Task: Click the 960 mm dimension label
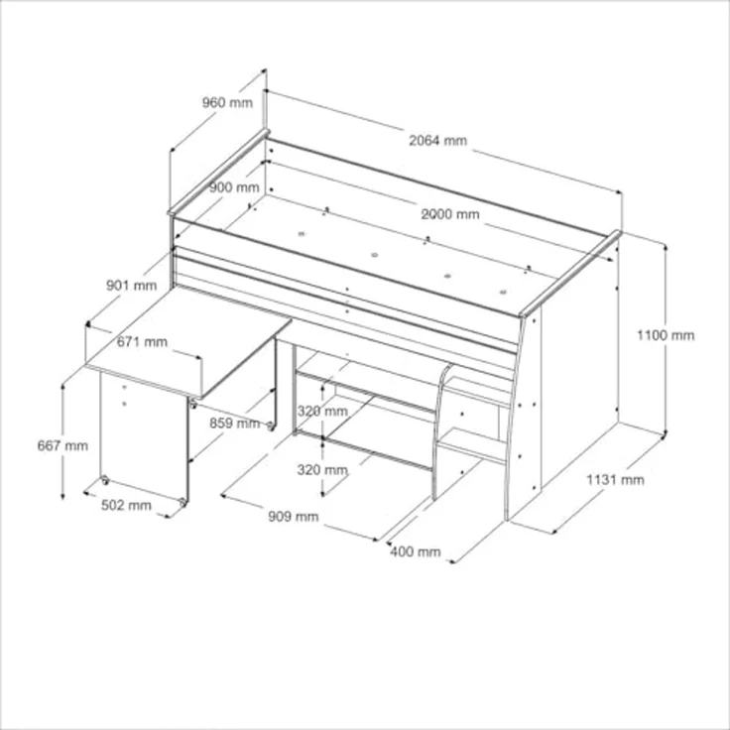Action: tap(227, 102)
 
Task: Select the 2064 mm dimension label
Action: tap(437, 140)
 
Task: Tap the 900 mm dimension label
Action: tap(234, 187)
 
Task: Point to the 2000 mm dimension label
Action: tap(449, 214)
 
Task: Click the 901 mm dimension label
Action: tap(131, 285)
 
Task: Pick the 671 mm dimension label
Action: tap(142, 342)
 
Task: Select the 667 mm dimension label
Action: tap(62, 445)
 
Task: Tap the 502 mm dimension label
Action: tap(126, 505)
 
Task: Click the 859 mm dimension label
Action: tap(234, 424)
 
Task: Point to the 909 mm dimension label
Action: tap(294, 517)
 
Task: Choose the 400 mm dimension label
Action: tap(416, 551)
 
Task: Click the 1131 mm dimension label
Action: tap(615, 479)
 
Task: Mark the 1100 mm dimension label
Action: tap(666, 335)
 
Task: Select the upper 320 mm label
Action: tap(322, 411)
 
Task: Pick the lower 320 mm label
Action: tap(322, 470)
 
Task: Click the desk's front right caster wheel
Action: tap(182, 502)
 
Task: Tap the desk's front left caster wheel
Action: tap(105, 480)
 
